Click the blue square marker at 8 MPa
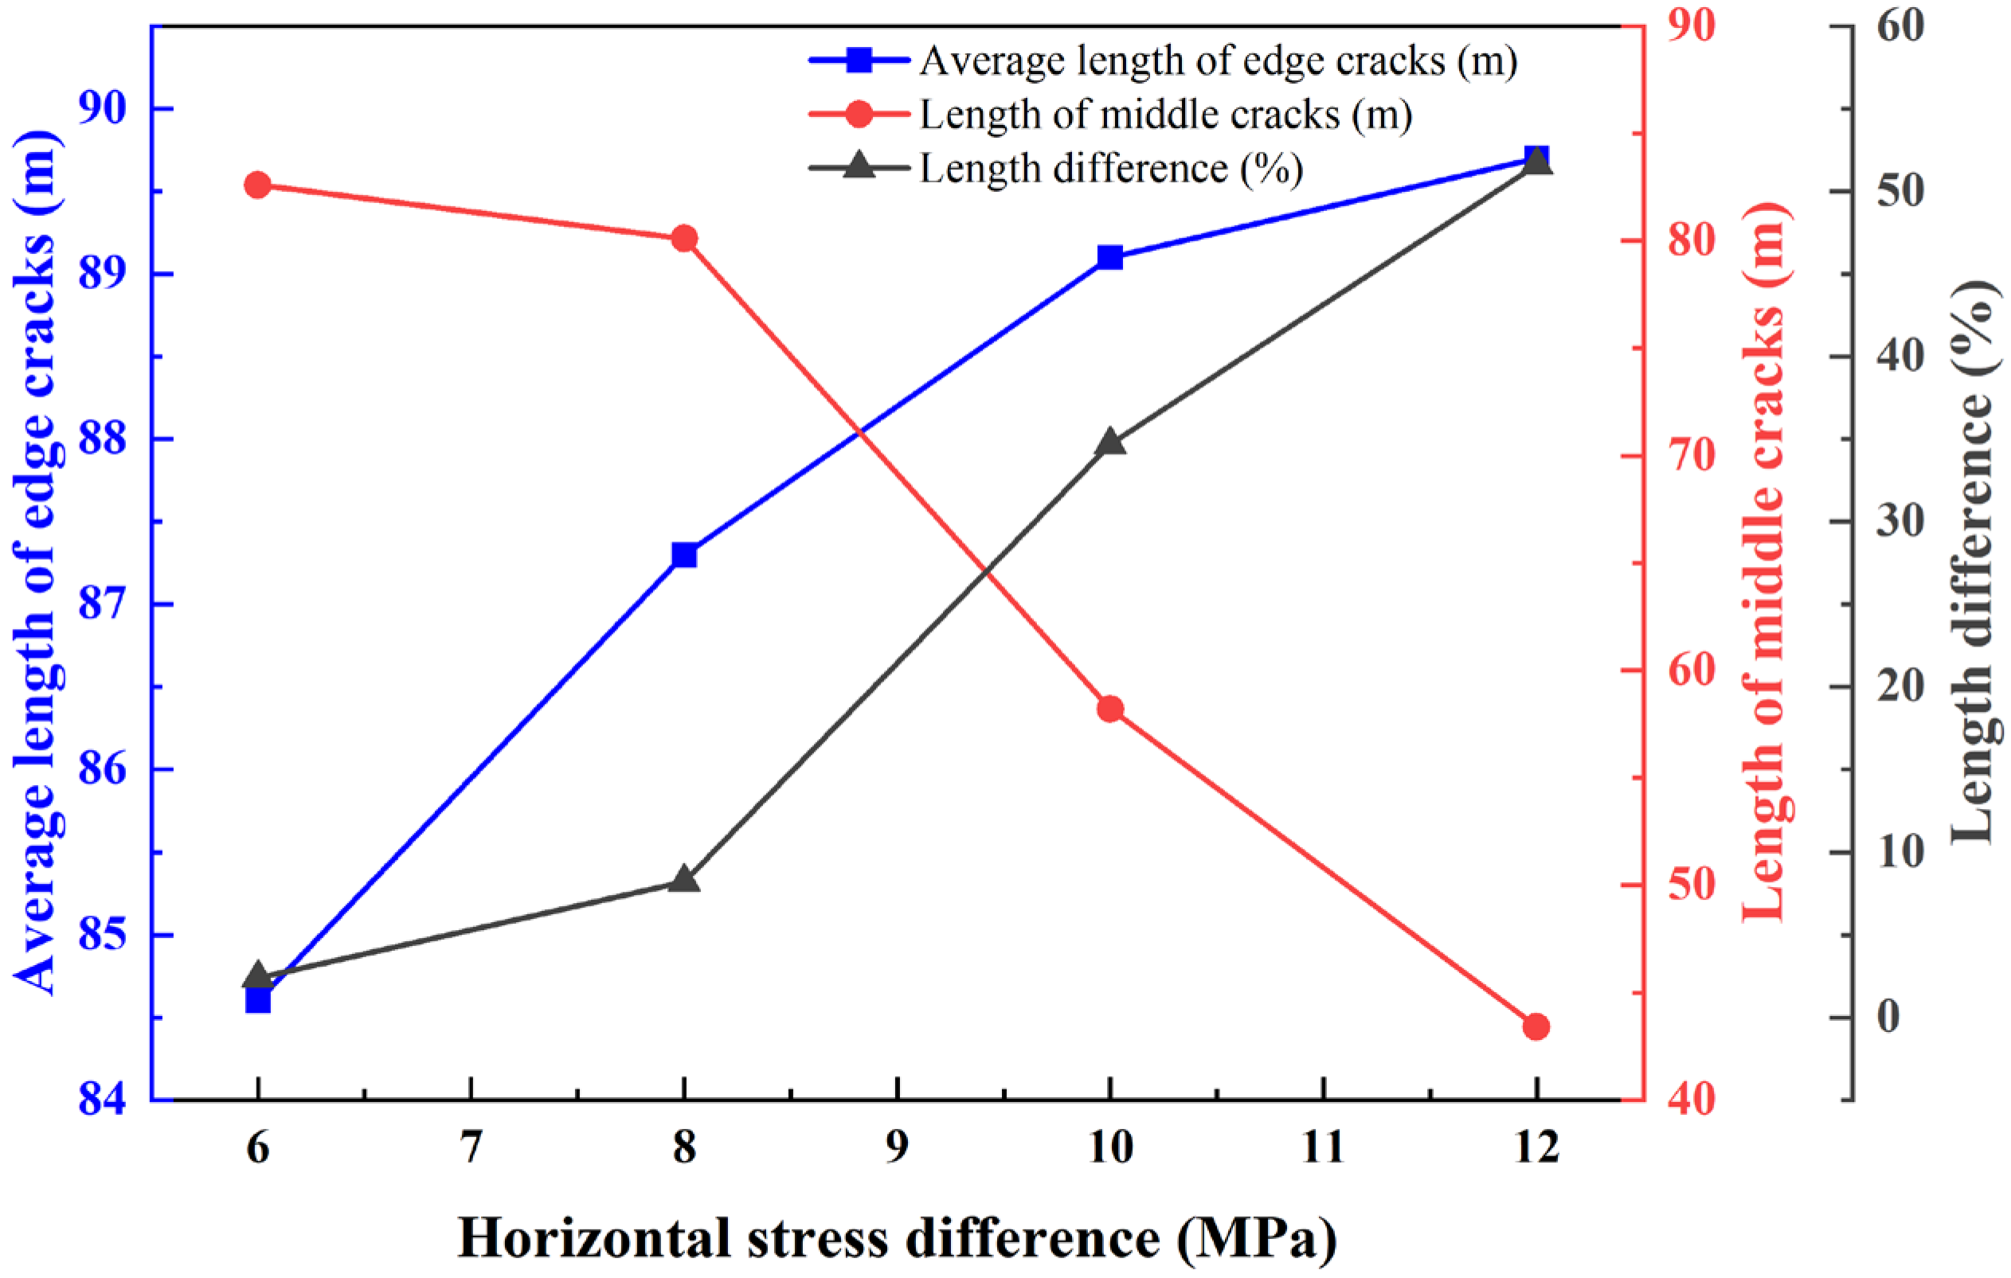[x=684, y=555]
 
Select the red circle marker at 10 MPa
[x=1110, y=709]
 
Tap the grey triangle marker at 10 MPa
[x=1110, y=443]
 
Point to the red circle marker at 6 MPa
[x=257, y=186]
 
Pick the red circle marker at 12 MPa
[x=1536, y=1026]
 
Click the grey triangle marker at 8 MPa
[x=684, y=881]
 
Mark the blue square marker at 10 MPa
[x=1110, y=257]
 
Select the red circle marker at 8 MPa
[x=684, y=239]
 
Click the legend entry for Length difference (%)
[x=1111, y=169]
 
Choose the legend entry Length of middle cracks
[x=1165, y=115]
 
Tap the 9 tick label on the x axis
[x=897, y=1147]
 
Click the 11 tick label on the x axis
[x=1323, y=1147]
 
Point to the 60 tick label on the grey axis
[x=1901, y=25]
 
